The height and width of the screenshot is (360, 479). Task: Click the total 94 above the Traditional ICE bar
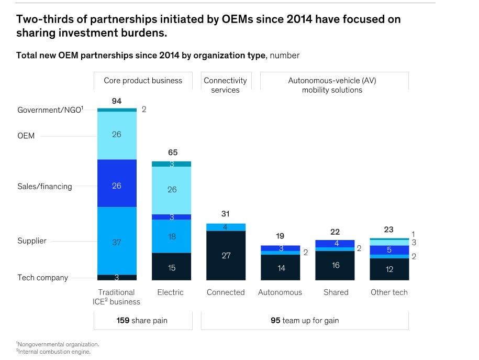pyautogui.click(x=116, y=101)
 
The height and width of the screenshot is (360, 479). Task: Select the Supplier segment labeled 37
pyautogui.click(x=116, y=242)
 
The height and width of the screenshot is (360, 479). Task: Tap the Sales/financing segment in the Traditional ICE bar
pyautogui.click(x=116, y=186)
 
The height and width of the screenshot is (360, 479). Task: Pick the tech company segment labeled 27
pyautogui.click(x=226, y=256)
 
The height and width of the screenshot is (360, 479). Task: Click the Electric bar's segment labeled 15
pyautogui.click(x=172, y=268)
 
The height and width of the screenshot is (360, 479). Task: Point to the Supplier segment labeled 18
pyautogui.click(x=172, y=236)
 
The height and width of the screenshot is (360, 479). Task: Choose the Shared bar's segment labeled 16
pyautogui.click(x=336, y=265)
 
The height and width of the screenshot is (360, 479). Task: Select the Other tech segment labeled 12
pyautogui.click(x=389, y=269)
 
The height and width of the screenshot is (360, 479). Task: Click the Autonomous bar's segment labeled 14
pyautogui.click(x=280, y=268)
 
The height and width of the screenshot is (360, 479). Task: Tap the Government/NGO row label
pyautogui.click(x=50, y=110)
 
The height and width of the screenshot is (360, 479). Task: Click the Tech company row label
pyautogui.click(x=43, y=278)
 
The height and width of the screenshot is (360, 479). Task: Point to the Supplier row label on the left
pyautogui.click(x=32, y=241)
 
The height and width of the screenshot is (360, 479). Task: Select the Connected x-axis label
pyautogui.click(x=226, y=292)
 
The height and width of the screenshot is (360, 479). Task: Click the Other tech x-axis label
pyautogui.click(x=389, y=292)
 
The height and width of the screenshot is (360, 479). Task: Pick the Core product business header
pyautogui.click(x=143, y=81)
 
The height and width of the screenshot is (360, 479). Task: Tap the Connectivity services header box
pyautogui.click(x=225, y=85)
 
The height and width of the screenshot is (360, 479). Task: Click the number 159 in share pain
pyautogui.click(x=123, y=320)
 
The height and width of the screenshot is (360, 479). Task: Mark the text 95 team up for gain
pyautogui.click(x=305, y=320)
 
